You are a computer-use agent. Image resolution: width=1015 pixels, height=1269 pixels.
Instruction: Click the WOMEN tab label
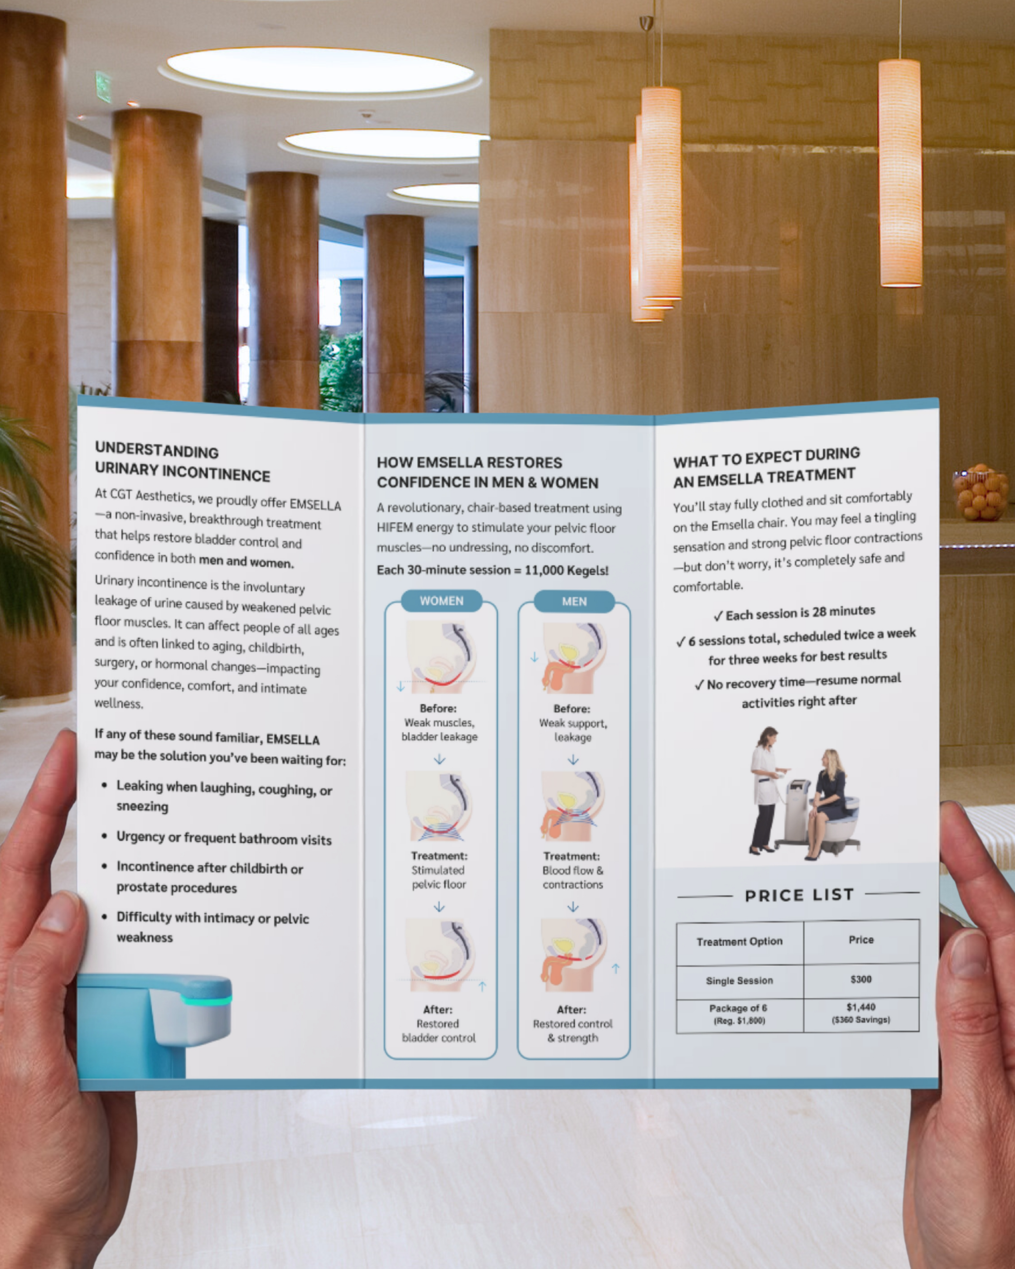click(x=441, y=601)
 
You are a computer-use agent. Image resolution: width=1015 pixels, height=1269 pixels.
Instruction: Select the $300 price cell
click(x=861, y=979)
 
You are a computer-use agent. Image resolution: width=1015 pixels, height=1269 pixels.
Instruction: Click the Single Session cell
click(x=740, y=981)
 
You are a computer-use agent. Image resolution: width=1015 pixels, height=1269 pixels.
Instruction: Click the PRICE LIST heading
click(x=799, y=895)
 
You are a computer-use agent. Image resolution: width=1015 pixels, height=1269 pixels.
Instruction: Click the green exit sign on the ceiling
click(x=103, y=87)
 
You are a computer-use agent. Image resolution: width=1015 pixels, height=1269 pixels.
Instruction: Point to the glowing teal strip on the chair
click(x=206, y=1000)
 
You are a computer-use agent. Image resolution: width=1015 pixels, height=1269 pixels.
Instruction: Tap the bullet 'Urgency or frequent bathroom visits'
click(x=224, y=838)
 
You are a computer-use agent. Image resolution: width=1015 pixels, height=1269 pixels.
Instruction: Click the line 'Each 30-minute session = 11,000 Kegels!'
click(x=493, y=570)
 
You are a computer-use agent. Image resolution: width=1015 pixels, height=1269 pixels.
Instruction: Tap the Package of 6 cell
click(x=740, y=1014)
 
